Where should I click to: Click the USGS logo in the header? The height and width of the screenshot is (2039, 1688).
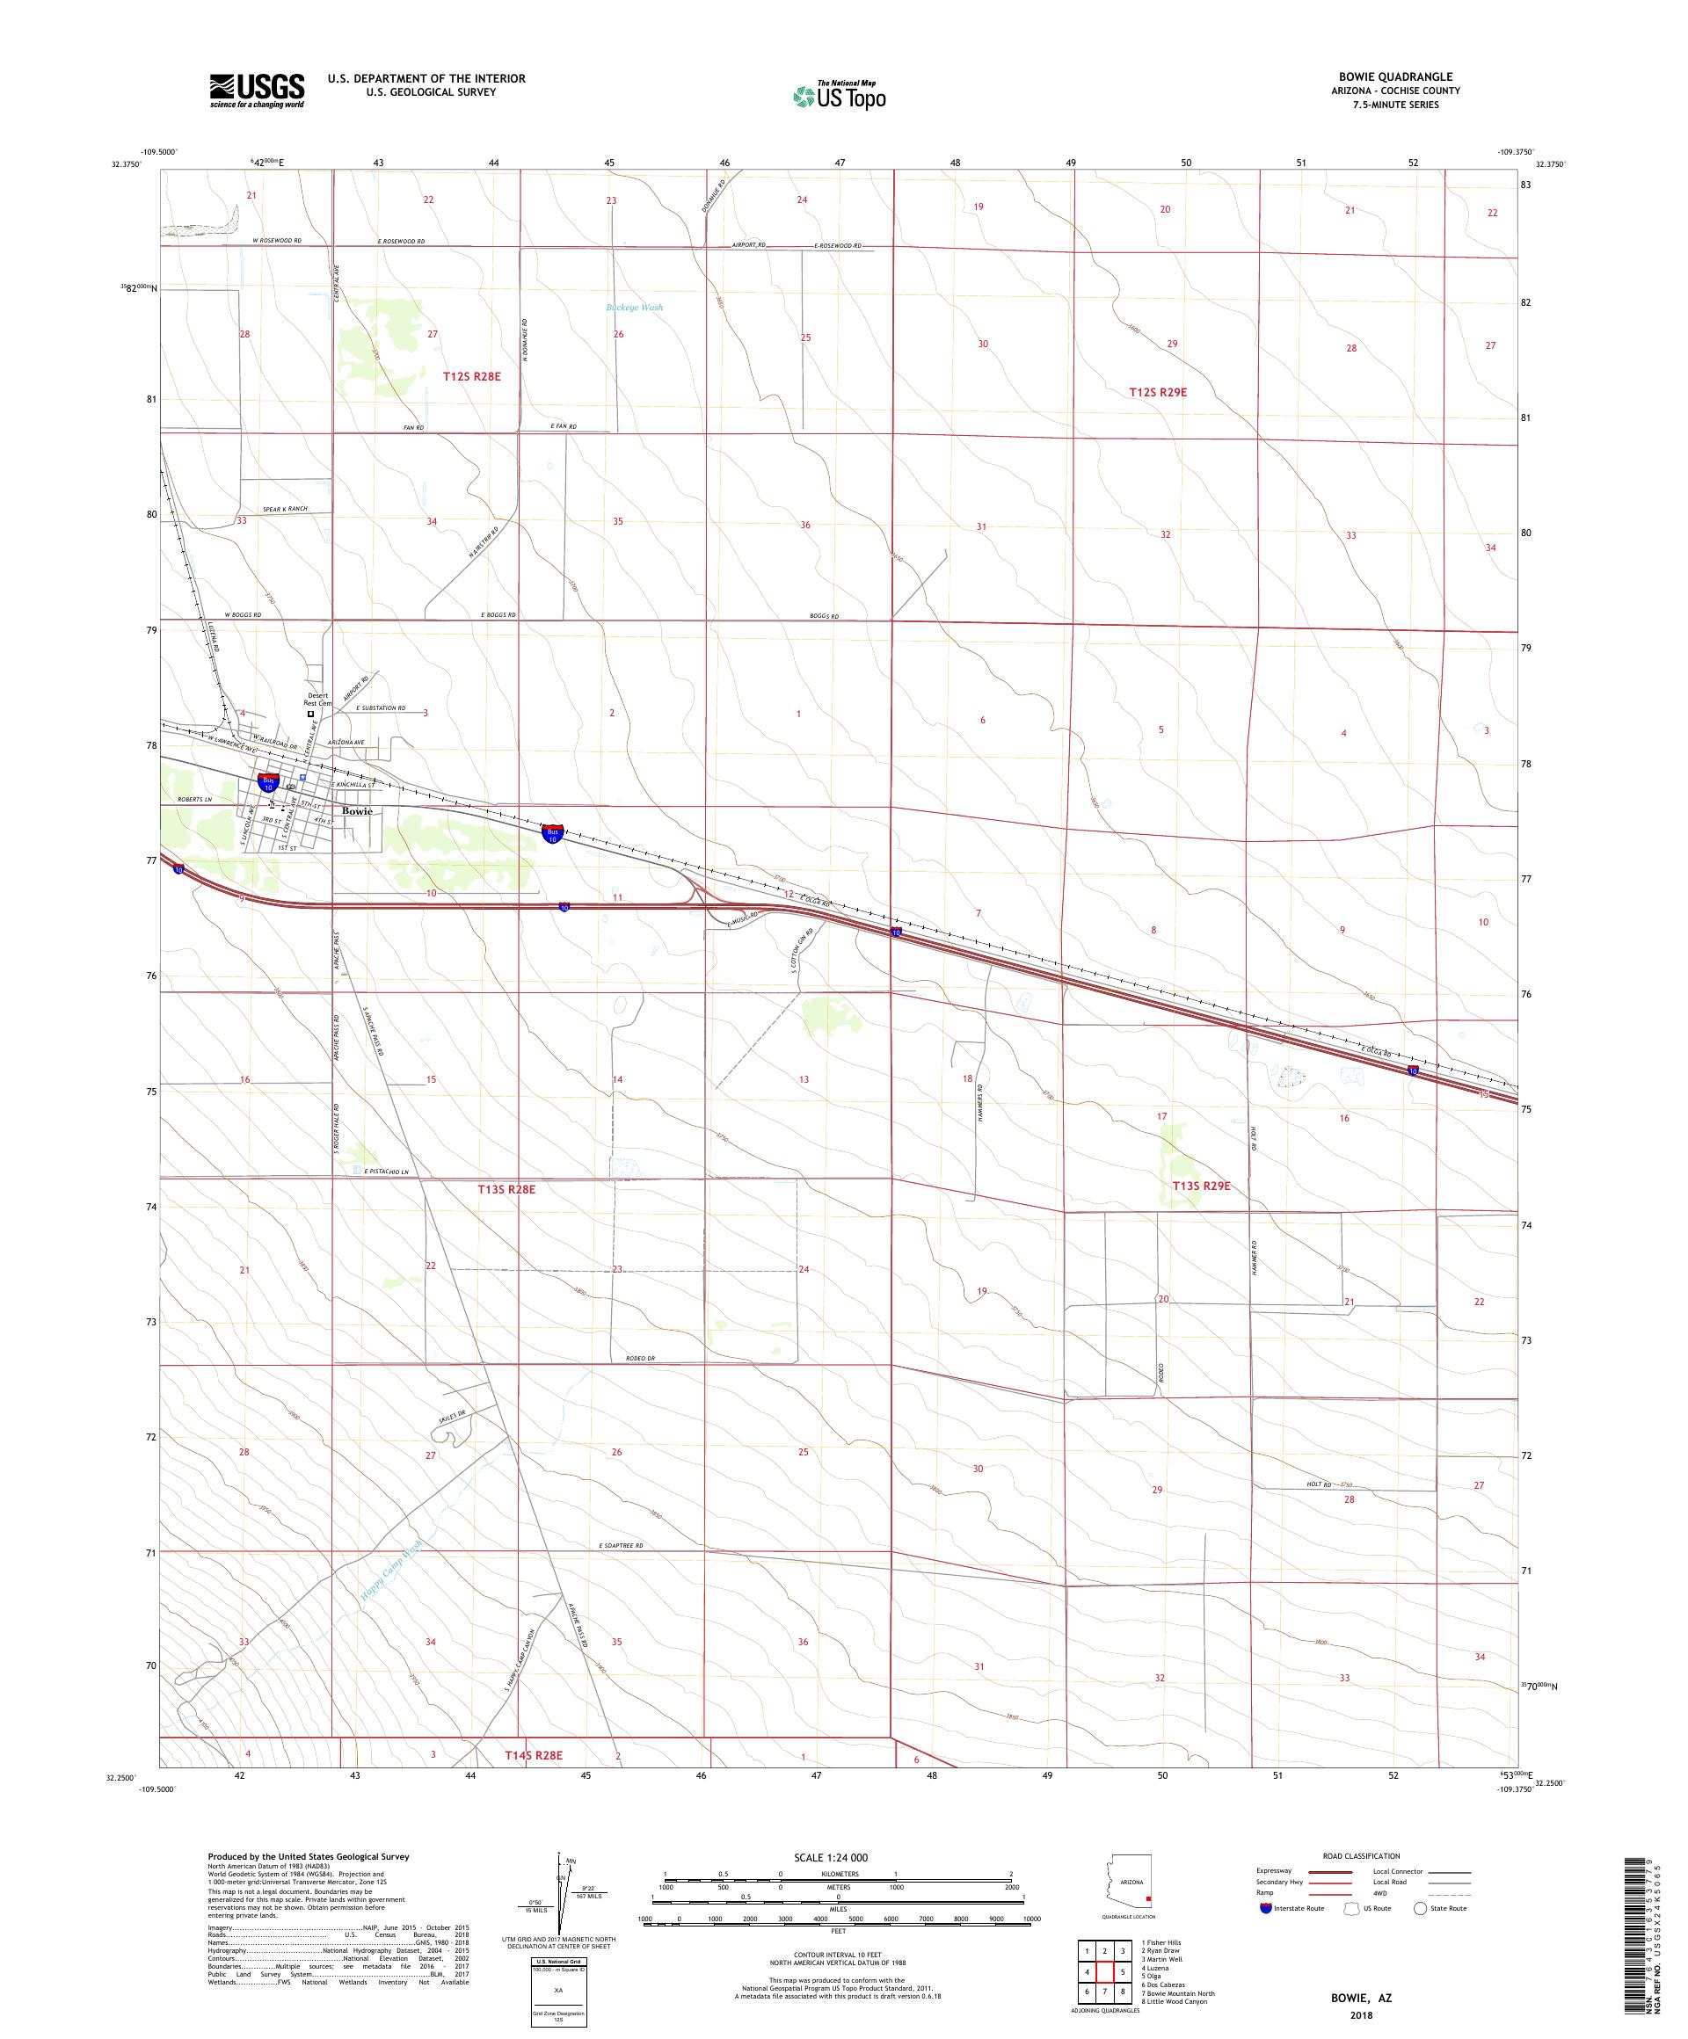[x=257, y=91]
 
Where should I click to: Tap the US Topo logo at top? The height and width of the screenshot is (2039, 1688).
[x=840, y=95]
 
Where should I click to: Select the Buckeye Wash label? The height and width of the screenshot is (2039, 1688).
[x=634, y=308]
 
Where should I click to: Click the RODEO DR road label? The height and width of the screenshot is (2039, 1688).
[x=639, y=1359]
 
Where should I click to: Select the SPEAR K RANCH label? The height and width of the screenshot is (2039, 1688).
[x=285, y=510]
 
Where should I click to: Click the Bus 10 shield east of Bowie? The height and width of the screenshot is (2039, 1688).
[x=553, y=833]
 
